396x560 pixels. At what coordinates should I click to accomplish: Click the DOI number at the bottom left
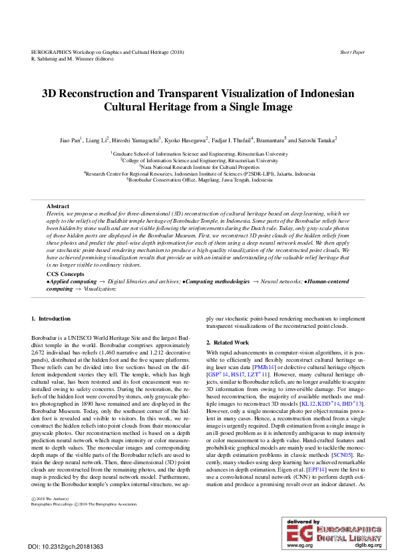click(66, 547)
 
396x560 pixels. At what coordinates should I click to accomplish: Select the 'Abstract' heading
click(58, 207)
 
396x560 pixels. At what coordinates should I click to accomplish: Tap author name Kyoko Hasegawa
click(184, 140)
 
